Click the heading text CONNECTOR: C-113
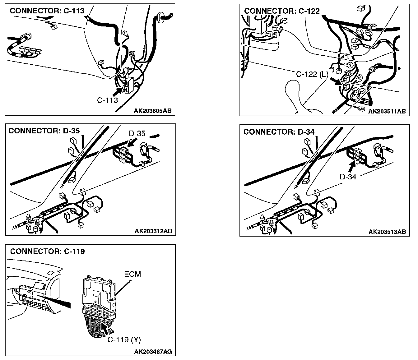[x=47, y=11]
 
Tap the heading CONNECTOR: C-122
[x=282, y=11]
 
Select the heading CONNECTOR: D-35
[x=44, y=131]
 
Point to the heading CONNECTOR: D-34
[x=279, y=132]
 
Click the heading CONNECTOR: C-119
[x=47, y=252]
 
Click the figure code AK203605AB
[x=153, y=111]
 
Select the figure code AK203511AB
[x=387, y=111]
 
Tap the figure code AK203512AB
[x=153, y=231]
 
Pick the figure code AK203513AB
[x=387, y=232]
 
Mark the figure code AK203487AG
[x=153, y=352]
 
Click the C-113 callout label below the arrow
[x=108, y=100]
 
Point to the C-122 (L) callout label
[x=312, y=74]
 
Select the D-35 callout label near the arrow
[x=137, y=134]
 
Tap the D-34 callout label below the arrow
[x=348, y=177]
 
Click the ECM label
[x=132, y=274]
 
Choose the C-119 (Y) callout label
[x=124, y=340]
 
